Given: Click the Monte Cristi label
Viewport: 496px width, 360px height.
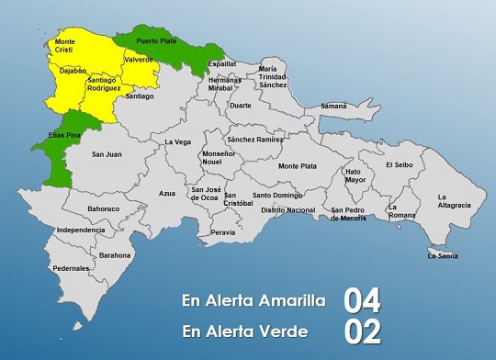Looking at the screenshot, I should pyautogui.click(x=65, y=46).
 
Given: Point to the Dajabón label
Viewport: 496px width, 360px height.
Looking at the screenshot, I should pyautogui.click(x=73, y=71).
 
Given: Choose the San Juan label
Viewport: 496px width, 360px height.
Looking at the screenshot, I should pyautogui.click(x=107, y=154).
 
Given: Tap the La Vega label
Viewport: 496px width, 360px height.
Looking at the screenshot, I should pyautogui.click(x=178, y=142).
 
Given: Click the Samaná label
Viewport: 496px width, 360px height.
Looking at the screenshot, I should pyautogui.click(x=333, y=107).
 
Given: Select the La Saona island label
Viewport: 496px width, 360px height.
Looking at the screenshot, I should pyautogui.click(x=442, y=255).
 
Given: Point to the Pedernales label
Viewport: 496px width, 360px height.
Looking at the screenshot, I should pyautogui.click(x=71, y=268).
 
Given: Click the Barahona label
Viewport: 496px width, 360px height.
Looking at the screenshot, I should pyautogui.click(x=115, y=254).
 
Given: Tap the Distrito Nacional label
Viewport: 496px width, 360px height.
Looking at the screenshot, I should pyautogui.click(x=288, y=210).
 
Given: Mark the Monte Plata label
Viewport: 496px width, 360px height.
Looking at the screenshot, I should pyautogui.click(x=297, y=166).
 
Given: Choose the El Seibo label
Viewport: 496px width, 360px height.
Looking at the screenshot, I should pyautogui.click(x=400, y=164).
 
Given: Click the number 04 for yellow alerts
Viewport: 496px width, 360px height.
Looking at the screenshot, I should pyautogui.click(x=362, y=300).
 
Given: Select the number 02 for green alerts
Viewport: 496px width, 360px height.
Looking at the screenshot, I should pyautogui.click(x=362, y=330).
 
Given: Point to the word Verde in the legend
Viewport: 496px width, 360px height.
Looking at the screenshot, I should pyautogui.click(x=282, y=330).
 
